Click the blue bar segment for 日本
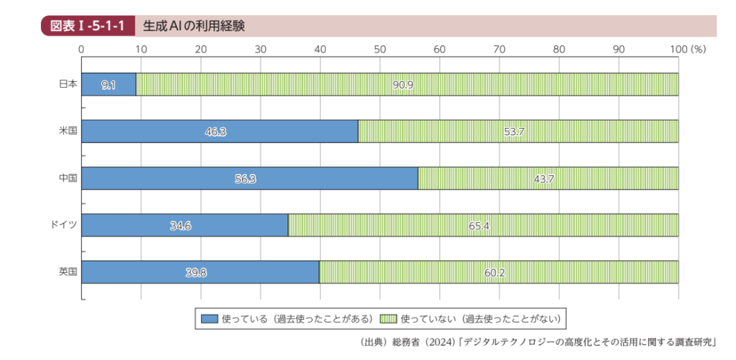point(109,85)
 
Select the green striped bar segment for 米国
point(517,131)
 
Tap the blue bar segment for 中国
point(249,178)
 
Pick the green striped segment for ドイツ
point(483,226)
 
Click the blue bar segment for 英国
point(201,272)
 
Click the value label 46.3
point(215,132)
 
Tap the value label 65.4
point(479,226)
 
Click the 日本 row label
point(68,84)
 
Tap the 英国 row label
point(68,272)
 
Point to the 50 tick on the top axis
point(380,50)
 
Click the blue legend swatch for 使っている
point(209,318)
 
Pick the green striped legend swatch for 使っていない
point(387,318)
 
